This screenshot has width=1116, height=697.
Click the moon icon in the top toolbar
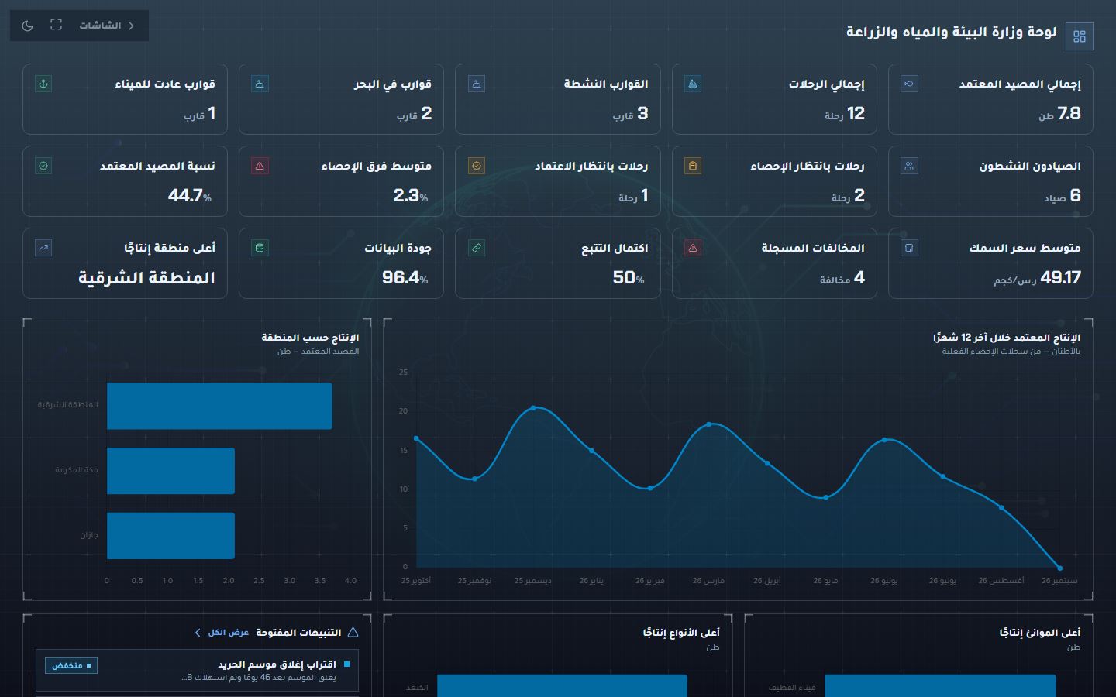[x=27, y=26]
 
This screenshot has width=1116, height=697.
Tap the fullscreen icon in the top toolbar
[x=57, y=25]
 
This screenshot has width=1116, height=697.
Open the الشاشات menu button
[x=107, y=26]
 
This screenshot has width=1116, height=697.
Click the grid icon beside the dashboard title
[x=1079, y=36]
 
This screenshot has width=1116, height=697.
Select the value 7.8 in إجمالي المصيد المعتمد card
[x=1069, y=114]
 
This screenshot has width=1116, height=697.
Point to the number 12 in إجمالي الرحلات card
[x=856, y=114]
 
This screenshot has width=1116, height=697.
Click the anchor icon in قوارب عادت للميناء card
[x=43, y=84]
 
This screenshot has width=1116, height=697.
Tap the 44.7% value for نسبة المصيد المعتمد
[x=189, y=195]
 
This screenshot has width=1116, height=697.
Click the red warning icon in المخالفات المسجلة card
[x=693, y=248]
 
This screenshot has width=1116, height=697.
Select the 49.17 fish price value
[x=1060, y=277]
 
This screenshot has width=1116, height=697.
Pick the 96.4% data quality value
[x=405, y=277]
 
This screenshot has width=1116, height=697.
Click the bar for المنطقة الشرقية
[x=220, y=406]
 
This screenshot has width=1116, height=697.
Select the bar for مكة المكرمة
[x=170, y=471]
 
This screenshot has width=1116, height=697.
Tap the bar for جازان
[x=170, y=536]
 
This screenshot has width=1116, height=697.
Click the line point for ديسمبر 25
[x=533, y=407]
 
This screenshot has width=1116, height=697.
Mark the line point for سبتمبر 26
[x=1059, y=568]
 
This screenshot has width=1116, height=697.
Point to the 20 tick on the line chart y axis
[x=403, y=410]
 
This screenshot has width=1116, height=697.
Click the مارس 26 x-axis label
[x=708, y=581]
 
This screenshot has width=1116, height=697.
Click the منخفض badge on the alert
[x=71, y=665]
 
